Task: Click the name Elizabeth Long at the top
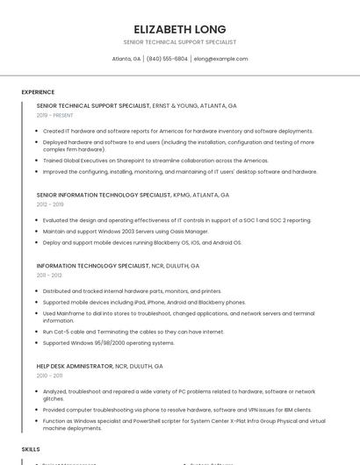tap(180, 29)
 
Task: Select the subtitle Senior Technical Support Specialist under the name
tap(180, 42)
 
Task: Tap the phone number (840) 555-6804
tap(167, 59)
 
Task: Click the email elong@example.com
tap(220, 59)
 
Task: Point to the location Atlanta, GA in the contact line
tap(126, 59)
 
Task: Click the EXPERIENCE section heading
tap(38, 91)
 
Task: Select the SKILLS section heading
tap(31, 448)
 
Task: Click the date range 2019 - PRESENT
tap(54, 115)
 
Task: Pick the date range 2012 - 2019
tap(50, 204)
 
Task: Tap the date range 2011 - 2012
tap(49, 275)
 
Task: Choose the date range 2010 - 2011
tap(49, 375)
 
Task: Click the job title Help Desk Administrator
tap(75, 366)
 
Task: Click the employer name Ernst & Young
tap(176, 105)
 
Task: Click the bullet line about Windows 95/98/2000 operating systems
tap(102, 343)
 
